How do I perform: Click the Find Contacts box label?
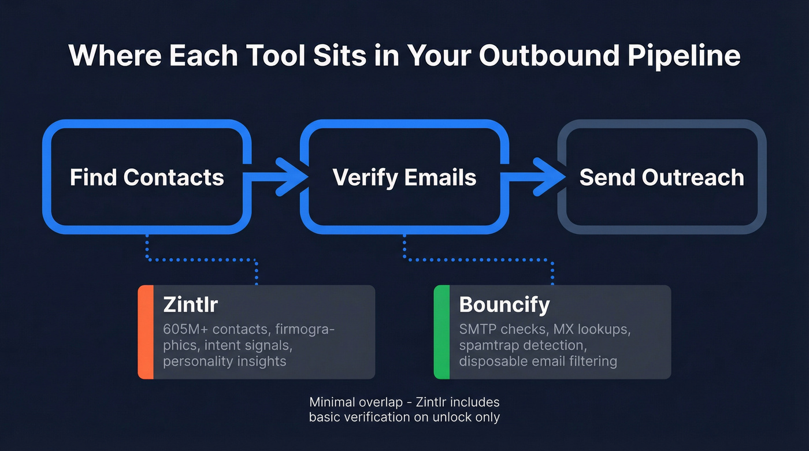click(147, 177)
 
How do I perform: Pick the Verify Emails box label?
click(404, 177)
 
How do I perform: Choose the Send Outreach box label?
click(662, 177)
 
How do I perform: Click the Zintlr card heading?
click(190, 304)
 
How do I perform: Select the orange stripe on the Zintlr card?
click(146, 332)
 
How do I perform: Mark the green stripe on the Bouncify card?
click(441, 332)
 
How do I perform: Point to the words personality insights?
click(224, 361)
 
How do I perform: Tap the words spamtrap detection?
click(521, 345)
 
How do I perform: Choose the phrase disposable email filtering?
click(538, 361)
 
